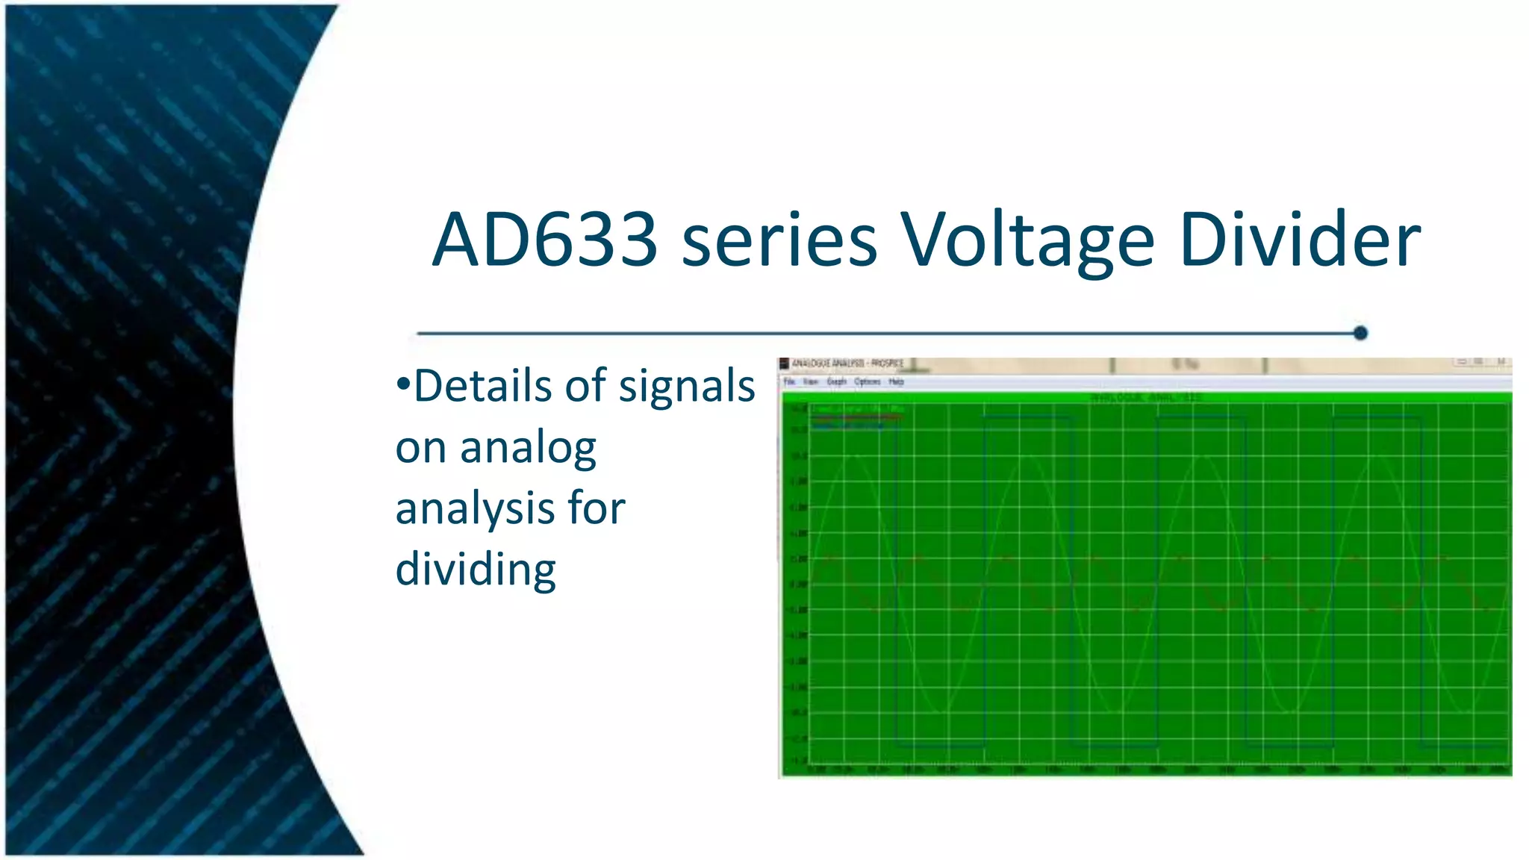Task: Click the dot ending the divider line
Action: pos(1360,333)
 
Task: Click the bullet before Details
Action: pos(403,385)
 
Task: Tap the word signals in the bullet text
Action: pos(687,385)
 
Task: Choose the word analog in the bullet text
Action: pos(528,448)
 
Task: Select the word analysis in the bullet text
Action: pos(475,509)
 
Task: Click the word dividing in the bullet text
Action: pos(476,569)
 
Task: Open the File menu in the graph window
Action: pos(789,381)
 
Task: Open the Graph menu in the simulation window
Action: pos(836,381)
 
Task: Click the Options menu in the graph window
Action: pos(868,381)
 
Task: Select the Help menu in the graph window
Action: pos(897,381)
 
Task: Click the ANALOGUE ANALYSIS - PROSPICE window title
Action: pos(847,364)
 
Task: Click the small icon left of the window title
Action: pos(784,364)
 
